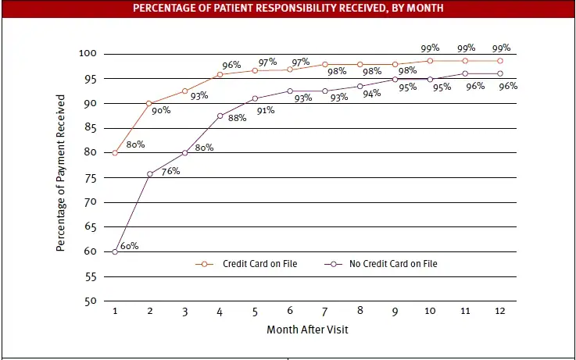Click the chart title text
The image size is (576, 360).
tap(288, 9)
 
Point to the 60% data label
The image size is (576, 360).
tap(130, 246)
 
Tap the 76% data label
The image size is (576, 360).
tap(170, 171)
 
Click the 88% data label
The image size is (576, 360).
tap(237, 118)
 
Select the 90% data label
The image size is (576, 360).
tap(162, 110)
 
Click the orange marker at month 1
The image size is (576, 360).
tap(115, 153)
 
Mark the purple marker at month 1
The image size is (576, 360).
tap(115, 251)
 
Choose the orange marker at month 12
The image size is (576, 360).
tap(500, 61)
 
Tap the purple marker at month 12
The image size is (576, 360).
tap(500, 74)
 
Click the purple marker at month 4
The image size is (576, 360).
tap(220, 116)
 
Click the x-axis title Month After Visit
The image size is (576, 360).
tap(307, 330)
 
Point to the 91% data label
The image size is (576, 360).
tap(266, 110)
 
